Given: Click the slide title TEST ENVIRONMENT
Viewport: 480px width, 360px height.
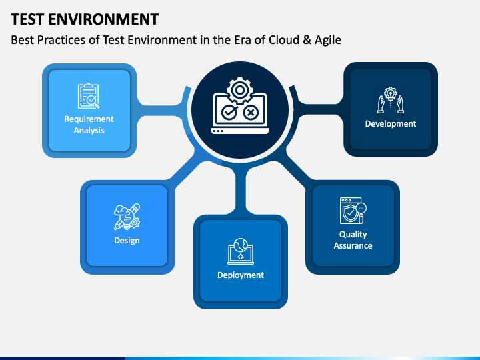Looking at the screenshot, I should click(85, 18).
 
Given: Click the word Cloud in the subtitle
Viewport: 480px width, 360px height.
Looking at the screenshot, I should click(285, 40).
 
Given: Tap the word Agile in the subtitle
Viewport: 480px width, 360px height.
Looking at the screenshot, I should click(327, 40).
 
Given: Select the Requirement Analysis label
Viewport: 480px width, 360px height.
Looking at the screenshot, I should click(89, 125).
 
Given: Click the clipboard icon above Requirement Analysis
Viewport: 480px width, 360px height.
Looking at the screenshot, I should click(89, 96).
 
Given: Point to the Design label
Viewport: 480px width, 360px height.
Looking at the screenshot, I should click(127, 240).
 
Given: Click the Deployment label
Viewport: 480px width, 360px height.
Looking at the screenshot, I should click(241, 275).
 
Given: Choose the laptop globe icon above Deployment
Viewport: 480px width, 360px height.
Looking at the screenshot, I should click(241, 251).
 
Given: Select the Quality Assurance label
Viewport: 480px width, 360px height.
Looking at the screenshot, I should click(353, 240).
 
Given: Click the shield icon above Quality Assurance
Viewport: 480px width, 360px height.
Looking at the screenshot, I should click(352, 211).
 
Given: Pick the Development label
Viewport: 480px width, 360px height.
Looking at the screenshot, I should click(391, 123).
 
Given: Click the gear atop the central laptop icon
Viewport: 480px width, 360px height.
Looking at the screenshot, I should click(239, 88).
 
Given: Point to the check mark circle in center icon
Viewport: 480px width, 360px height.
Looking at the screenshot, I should click(229, 113).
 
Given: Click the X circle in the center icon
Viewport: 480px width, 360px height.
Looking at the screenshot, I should click(251, 113).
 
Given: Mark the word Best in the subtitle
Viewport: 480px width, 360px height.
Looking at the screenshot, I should click(23, 40).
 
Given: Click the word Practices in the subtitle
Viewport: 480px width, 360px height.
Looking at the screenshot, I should click(62, 40).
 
